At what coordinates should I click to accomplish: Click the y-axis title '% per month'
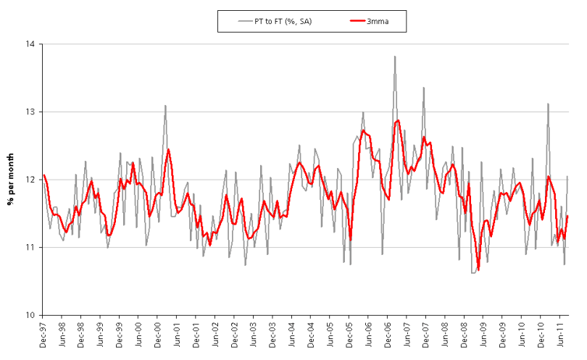click(12, 179)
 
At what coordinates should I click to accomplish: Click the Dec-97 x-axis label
click(43, 336)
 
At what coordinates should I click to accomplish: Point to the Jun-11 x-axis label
click(560, 336)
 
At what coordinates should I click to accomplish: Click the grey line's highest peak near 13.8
click(395, 56)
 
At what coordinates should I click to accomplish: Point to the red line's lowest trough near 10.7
click(478, 269)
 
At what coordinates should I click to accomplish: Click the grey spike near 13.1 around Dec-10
click(548, 104)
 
